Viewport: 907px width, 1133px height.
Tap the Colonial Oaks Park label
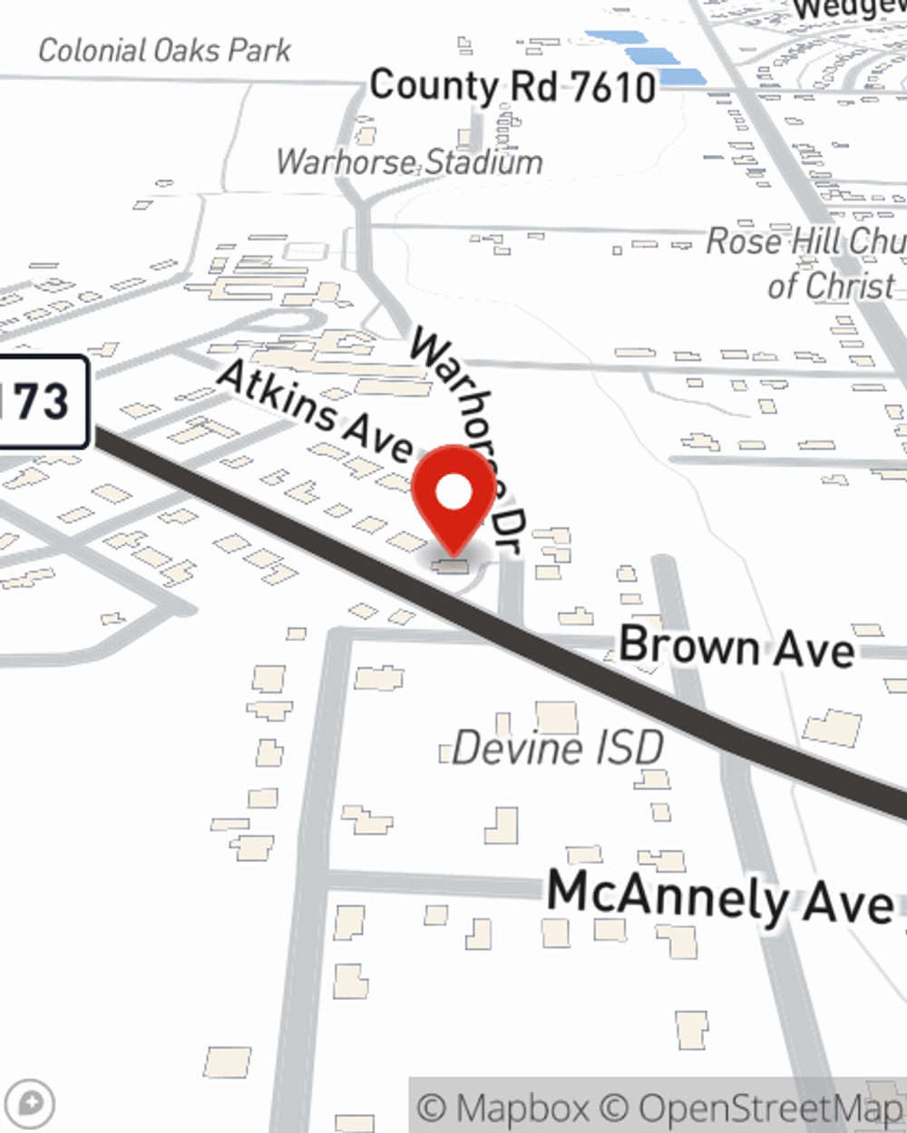pos(164,50)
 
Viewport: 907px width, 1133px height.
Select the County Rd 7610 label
pos(512,86)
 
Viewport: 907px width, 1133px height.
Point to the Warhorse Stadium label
pos(409,162)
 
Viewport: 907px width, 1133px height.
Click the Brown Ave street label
pos(736,647)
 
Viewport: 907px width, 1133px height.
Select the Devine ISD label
pos(558,749)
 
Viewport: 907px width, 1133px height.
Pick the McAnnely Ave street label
pos(721,896)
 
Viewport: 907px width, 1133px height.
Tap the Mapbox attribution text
pos(503,1108)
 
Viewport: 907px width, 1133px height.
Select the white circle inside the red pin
pos(453,492)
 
